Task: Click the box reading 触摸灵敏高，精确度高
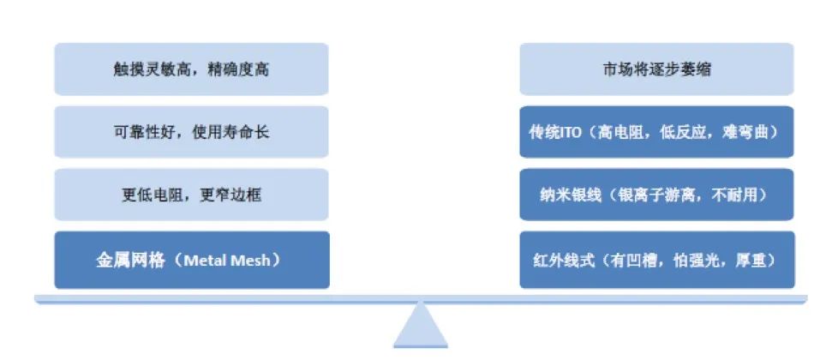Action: point(191,69)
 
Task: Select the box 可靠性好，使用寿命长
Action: point(191,132)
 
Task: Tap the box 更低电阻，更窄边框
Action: point(191,195)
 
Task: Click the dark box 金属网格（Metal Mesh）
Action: point(192,260)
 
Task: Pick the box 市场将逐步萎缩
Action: point(656,69)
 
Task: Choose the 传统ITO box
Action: point(656,132)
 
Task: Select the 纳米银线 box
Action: point(656,195)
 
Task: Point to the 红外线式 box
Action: point(657,260)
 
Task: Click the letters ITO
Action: point(571,132)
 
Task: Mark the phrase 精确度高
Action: point(239,69)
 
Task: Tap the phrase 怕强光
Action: point(697,261)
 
